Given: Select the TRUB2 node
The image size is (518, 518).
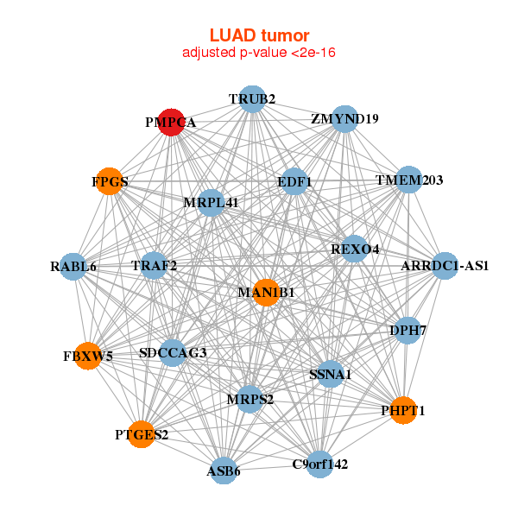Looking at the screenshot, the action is point(251,99).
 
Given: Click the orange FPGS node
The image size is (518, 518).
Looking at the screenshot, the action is point(110,181).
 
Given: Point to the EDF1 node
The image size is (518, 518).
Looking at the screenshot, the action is point(294,181).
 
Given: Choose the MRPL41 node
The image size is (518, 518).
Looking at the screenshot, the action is point(211,203).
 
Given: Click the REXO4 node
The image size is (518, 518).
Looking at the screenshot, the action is point(355,250).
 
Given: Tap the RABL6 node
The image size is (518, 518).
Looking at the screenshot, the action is point(73,266).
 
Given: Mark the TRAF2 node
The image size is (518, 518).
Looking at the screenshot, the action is point(155,265).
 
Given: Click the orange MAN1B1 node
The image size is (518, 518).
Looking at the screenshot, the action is point(266,293).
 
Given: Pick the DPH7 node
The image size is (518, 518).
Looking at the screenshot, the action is point(407,330).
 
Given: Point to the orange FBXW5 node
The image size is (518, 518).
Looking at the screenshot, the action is point(88,355).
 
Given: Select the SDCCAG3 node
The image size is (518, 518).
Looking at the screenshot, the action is point(173,352).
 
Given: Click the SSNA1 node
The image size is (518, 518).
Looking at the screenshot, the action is point(330,375).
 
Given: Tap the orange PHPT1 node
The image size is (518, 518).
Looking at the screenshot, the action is point(402,411).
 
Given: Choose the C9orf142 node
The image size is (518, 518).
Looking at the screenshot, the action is point(319,464).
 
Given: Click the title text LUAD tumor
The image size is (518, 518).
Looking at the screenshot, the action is point(259,35).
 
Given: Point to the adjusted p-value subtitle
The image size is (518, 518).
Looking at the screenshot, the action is point(259,53).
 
